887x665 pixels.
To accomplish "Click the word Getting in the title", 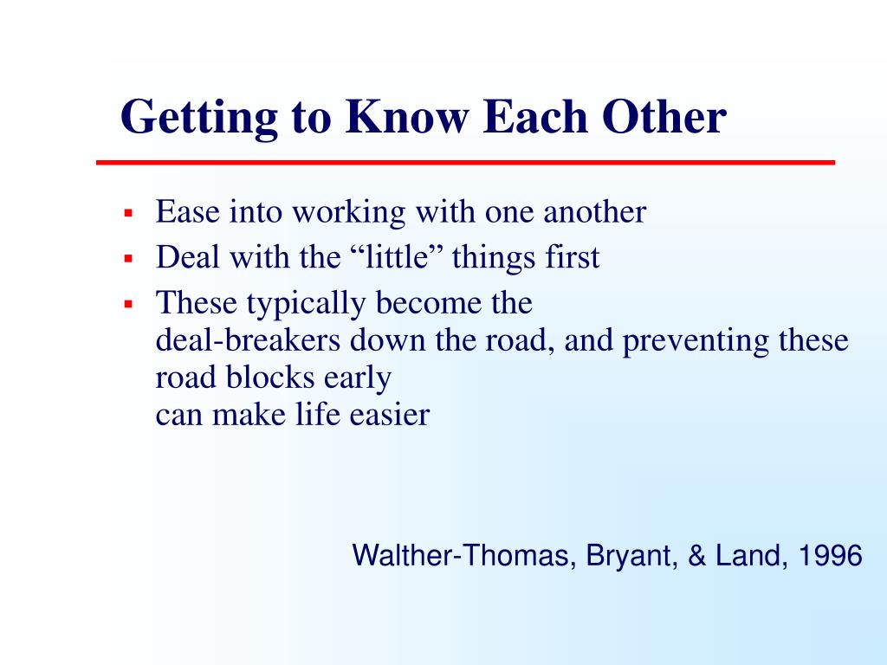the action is pos(199,118).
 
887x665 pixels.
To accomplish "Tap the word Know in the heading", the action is pos(407,117).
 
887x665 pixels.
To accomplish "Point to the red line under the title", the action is pos(465,163).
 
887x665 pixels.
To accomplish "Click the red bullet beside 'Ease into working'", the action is pos(128,214).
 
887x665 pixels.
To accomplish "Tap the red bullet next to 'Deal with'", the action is pos(128,259).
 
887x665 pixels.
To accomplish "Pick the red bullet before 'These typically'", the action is pos(128,304).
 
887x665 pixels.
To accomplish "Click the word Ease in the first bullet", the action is pos(188,212).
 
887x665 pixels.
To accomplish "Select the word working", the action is pos(348,214).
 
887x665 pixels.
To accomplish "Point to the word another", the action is pos(594,212).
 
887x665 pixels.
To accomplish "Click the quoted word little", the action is pos(396,256).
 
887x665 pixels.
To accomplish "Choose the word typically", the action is pos(306,304).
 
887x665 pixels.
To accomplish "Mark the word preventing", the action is pos(696,342).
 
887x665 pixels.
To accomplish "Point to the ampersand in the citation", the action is pos(696,555).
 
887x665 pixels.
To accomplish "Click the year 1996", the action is pos(830,555).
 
